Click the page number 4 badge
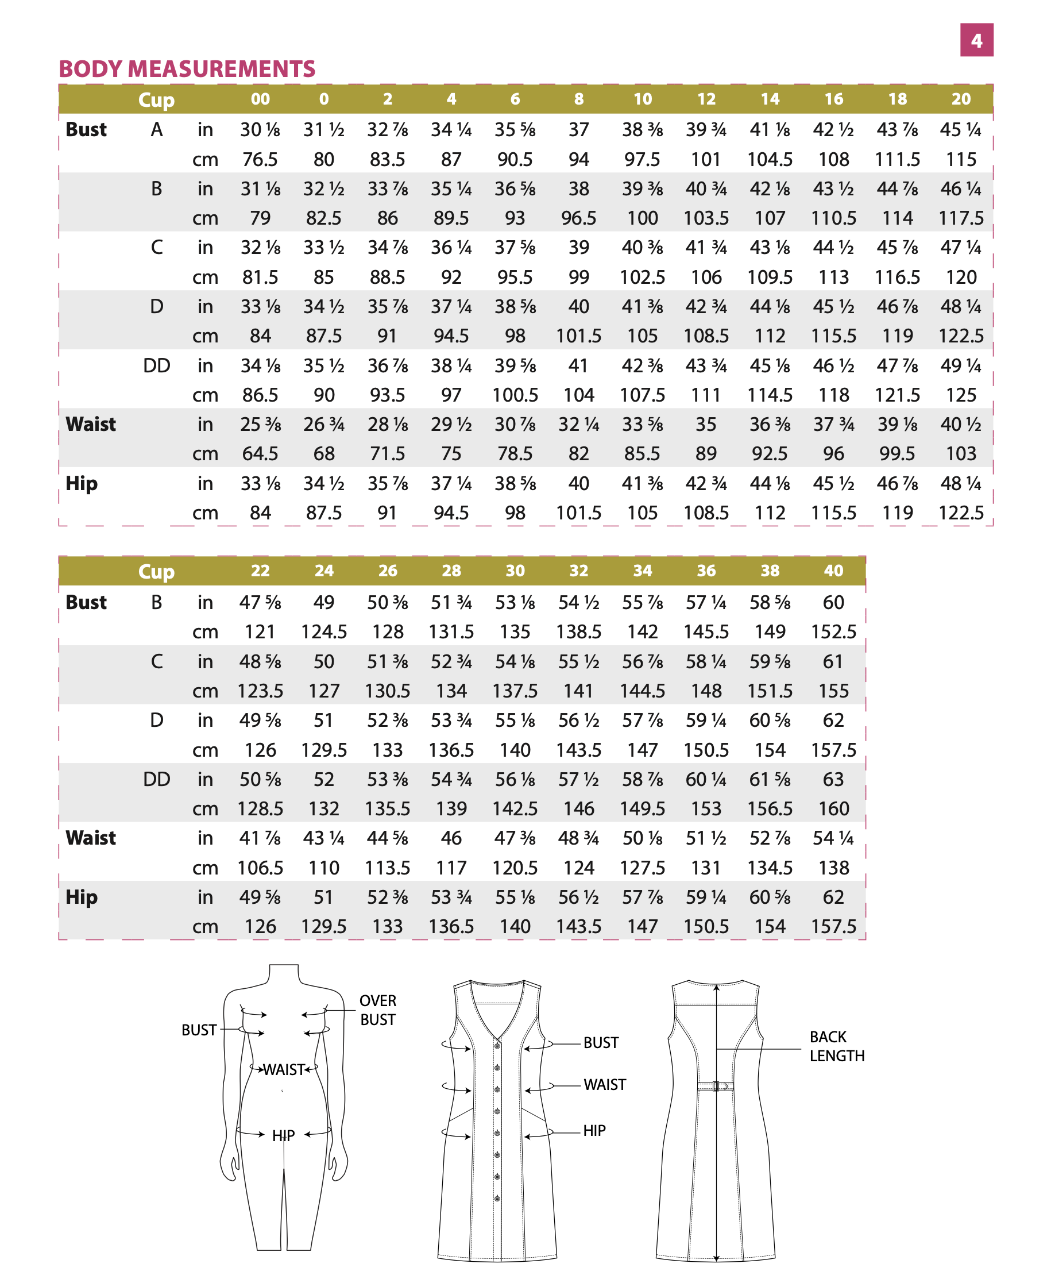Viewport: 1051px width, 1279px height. tap(976, 40)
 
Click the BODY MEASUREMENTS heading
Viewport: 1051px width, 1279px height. tap(187, 69)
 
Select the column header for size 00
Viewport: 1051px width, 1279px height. tap(260, 99)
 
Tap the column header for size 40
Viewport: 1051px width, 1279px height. tap(833, 571)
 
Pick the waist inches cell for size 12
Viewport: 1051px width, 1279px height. tap(706, 425)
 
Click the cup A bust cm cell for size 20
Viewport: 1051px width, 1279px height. tap(961, 159)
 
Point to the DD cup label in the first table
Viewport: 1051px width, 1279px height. tap(156, 366)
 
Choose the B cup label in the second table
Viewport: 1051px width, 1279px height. tap(156, 603)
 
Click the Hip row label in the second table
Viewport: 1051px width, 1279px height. tap(81, 897)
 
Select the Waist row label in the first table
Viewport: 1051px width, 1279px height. tap(90, 425)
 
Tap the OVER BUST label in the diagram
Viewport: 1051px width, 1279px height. tap(378, 1010)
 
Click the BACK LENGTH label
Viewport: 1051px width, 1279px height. tap(837, 1046)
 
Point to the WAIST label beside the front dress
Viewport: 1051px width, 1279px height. tap(604, 1085)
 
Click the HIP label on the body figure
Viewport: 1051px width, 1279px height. tap(283, 1135)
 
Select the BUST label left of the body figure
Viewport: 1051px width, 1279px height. tap(199, 1030)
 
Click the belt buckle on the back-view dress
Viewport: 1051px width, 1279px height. tap(716, 1086)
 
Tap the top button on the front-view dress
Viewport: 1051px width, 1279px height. tap(497, 1046)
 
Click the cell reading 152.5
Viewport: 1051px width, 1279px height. tap(833, 631)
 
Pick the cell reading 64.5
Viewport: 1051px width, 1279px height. tap(260, 453)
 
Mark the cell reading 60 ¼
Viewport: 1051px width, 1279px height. tap(706, 779)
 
